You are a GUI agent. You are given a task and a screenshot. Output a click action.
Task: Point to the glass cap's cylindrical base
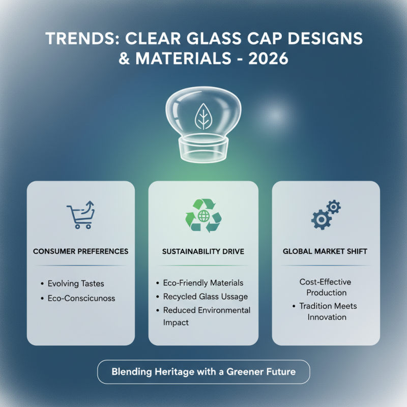203,148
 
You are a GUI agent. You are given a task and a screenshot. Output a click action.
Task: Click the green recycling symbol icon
203,216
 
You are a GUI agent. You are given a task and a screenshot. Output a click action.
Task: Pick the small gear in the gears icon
333,207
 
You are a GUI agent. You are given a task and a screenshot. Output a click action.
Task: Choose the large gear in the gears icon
321,219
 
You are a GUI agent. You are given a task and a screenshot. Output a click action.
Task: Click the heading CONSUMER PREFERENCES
80,251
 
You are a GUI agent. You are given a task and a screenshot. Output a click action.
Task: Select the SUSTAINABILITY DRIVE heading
203,251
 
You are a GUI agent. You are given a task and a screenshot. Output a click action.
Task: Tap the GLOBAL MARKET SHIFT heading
326,251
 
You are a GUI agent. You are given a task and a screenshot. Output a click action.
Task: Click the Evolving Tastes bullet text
75,283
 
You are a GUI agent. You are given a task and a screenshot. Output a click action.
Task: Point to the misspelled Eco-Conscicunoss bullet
81,298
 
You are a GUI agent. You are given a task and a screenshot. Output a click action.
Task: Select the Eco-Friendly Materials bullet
203,283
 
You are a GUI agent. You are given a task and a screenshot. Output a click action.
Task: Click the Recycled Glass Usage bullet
205,296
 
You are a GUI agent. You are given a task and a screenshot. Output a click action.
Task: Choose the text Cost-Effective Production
326,287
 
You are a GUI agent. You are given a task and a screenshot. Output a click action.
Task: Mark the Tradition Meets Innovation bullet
328,311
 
